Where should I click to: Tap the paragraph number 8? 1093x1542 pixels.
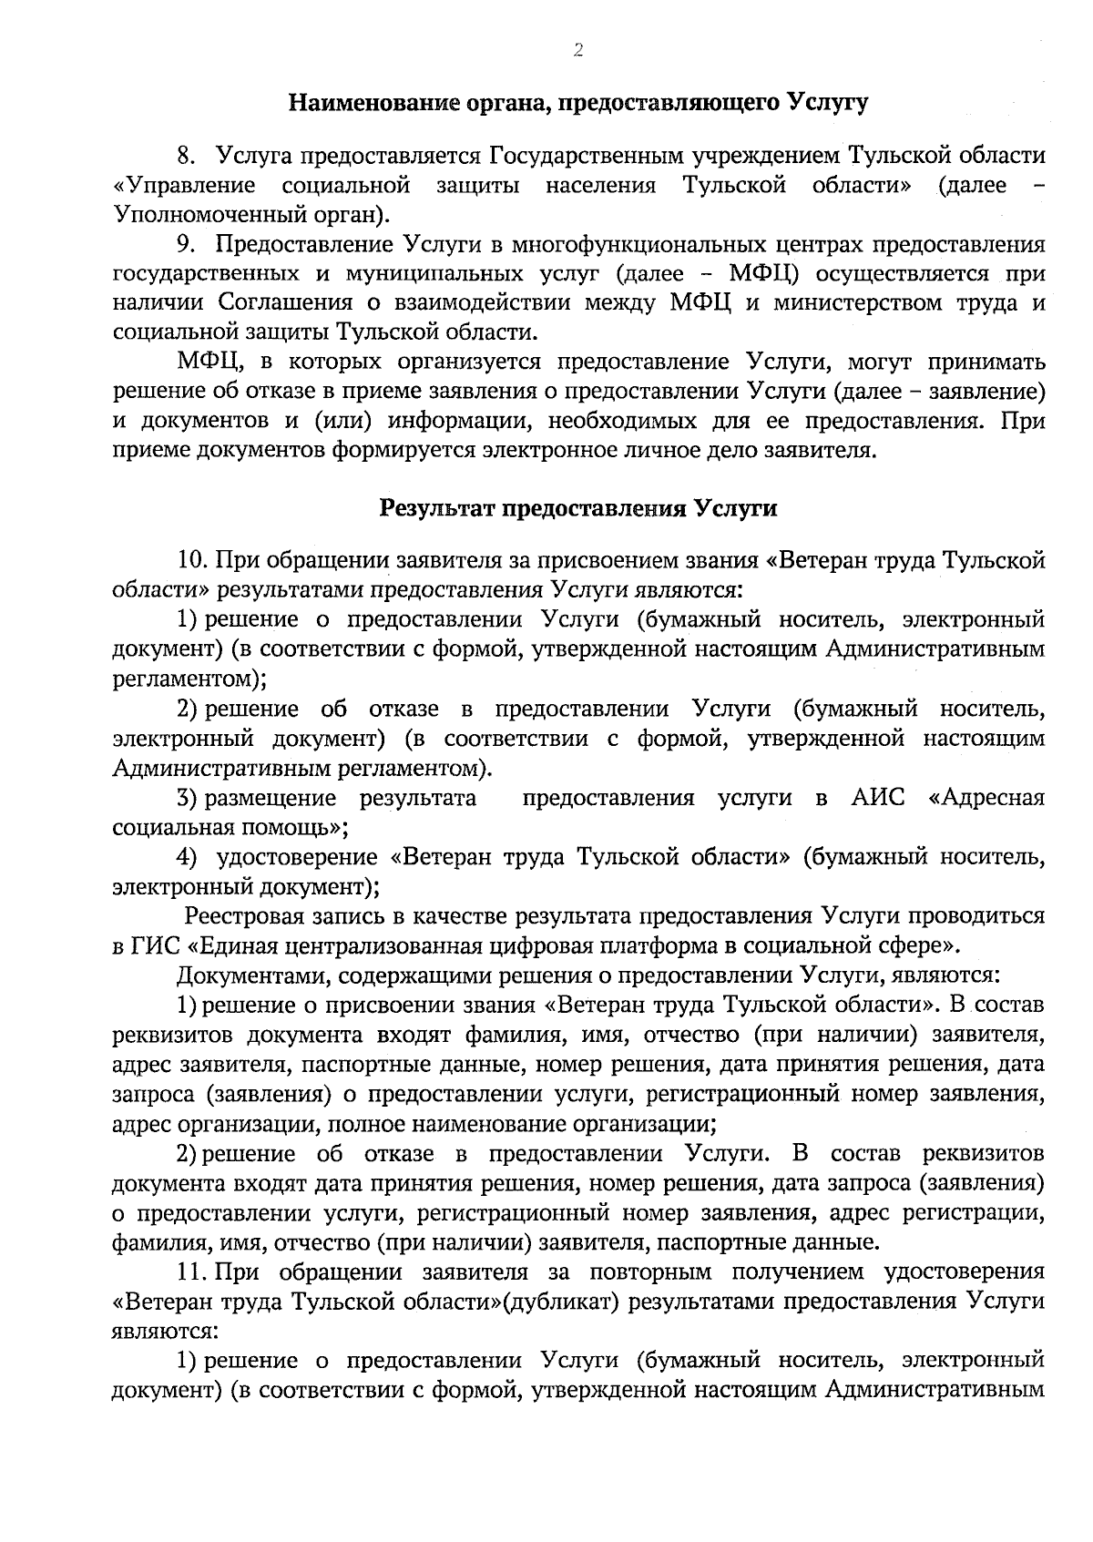[x=188, y=156]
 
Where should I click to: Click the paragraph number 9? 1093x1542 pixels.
[x=188, y=245]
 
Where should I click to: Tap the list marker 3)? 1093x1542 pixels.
[x=188, y=799]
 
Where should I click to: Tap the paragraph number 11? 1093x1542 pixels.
[x=194, y=1271]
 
